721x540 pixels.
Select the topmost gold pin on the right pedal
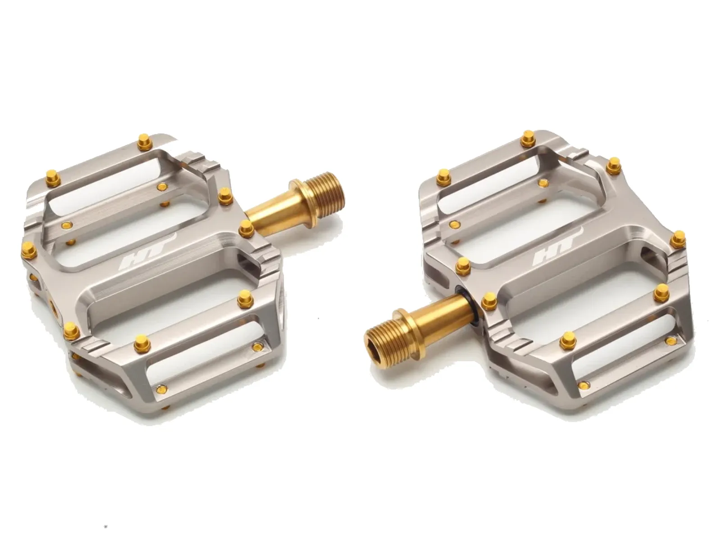click(528, 138)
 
